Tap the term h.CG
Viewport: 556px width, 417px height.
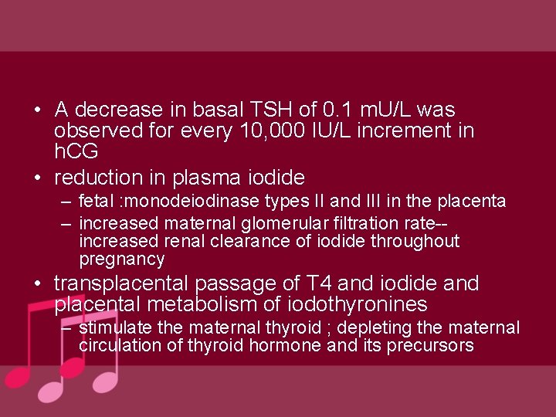point(76,152)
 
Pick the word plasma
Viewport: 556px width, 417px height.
point(215,177)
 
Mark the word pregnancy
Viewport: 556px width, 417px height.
point(122,259)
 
